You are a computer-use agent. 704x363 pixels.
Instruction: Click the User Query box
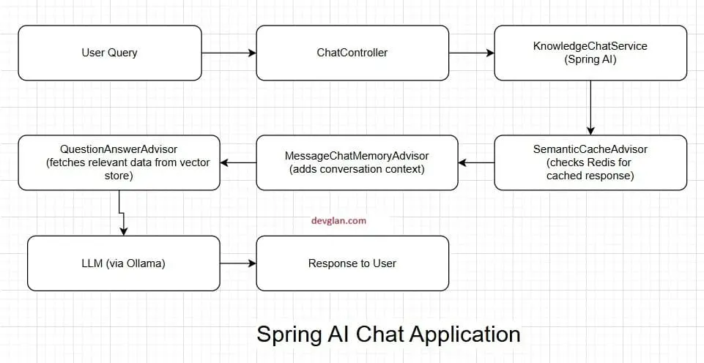[x=109, y=53]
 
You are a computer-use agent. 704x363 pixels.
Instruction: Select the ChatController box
[x=352, y=53]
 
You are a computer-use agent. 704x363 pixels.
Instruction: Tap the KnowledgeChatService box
[x=590, y=53]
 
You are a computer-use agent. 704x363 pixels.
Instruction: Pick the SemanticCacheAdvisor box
[x=590, y=162]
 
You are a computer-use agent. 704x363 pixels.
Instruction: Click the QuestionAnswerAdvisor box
[x=119, y=162]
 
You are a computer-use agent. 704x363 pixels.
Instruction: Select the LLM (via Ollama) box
[x=123, y=263]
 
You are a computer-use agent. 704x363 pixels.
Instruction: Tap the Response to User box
[x=352, y=263]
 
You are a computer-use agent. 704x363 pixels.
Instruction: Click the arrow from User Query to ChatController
[x=229, y=53]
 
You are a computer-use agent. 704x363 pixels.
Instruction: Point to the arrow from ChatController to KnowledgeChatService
[x=471, y=53]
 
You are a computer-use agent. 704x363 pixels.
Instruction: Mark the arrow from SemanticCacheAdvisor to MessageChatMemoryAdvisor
[x=475, y=162]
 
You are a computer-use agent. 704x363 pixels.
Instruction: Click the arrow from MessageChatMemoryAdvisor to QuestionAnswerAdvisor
[x=237, y=162]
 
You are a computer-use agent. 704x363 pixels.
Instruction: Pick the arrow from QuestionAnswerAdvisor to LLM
[x=121, y=212]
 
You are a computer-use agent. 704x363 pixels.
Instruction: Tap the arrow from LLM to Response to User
[x=237, y=263]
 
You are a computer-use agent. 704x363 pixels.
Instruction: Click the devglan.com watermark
[x=338, y=220]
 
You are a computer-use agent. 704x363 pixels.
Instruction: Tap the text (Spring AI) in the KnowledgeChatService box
[x=590, y=60]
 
